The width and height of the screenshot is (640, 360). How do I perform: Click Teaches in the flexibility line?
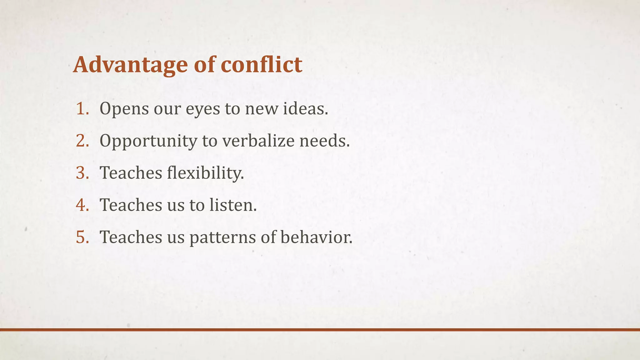(x=131, y=173)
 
